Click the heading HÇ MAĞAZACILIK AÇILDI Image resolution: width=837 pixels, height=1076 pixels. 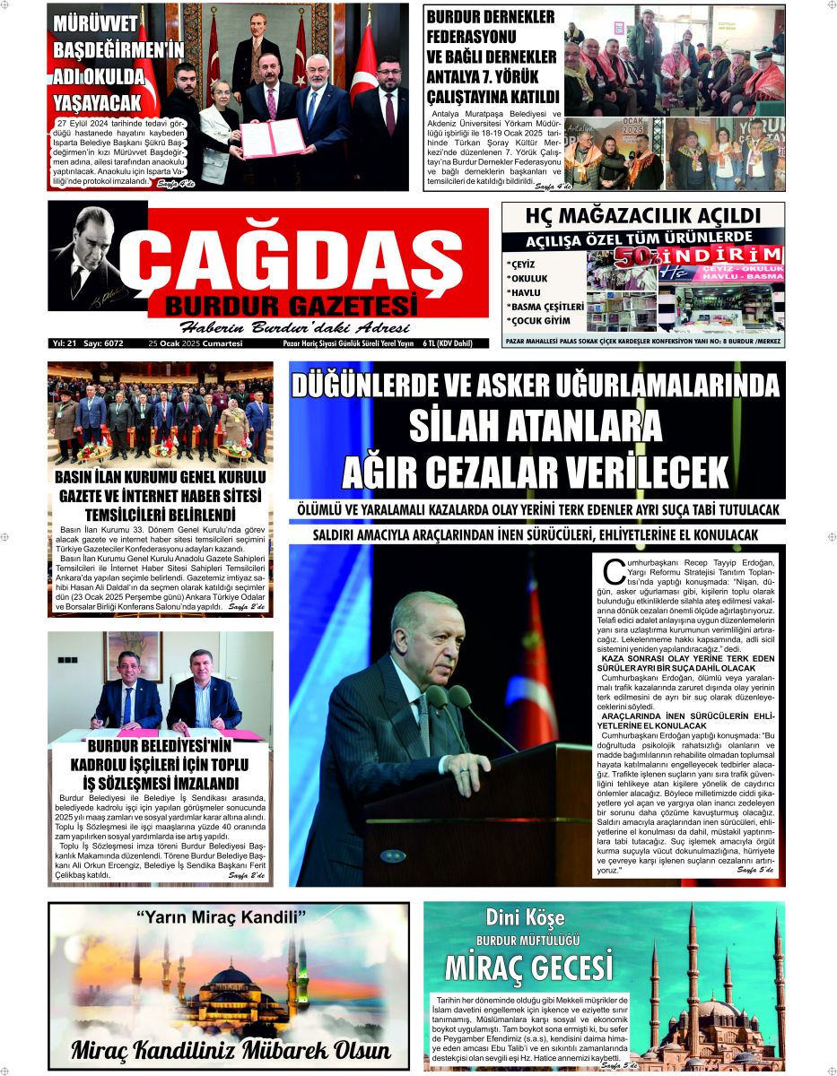642,216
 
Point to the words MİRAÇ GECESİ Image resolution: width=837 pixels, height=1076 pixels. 529,969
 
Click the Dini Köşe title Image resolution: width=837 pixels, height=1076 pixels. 525,917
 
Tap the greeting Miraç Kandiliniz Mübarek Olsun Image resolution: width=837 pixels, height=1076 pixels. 231,1050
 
